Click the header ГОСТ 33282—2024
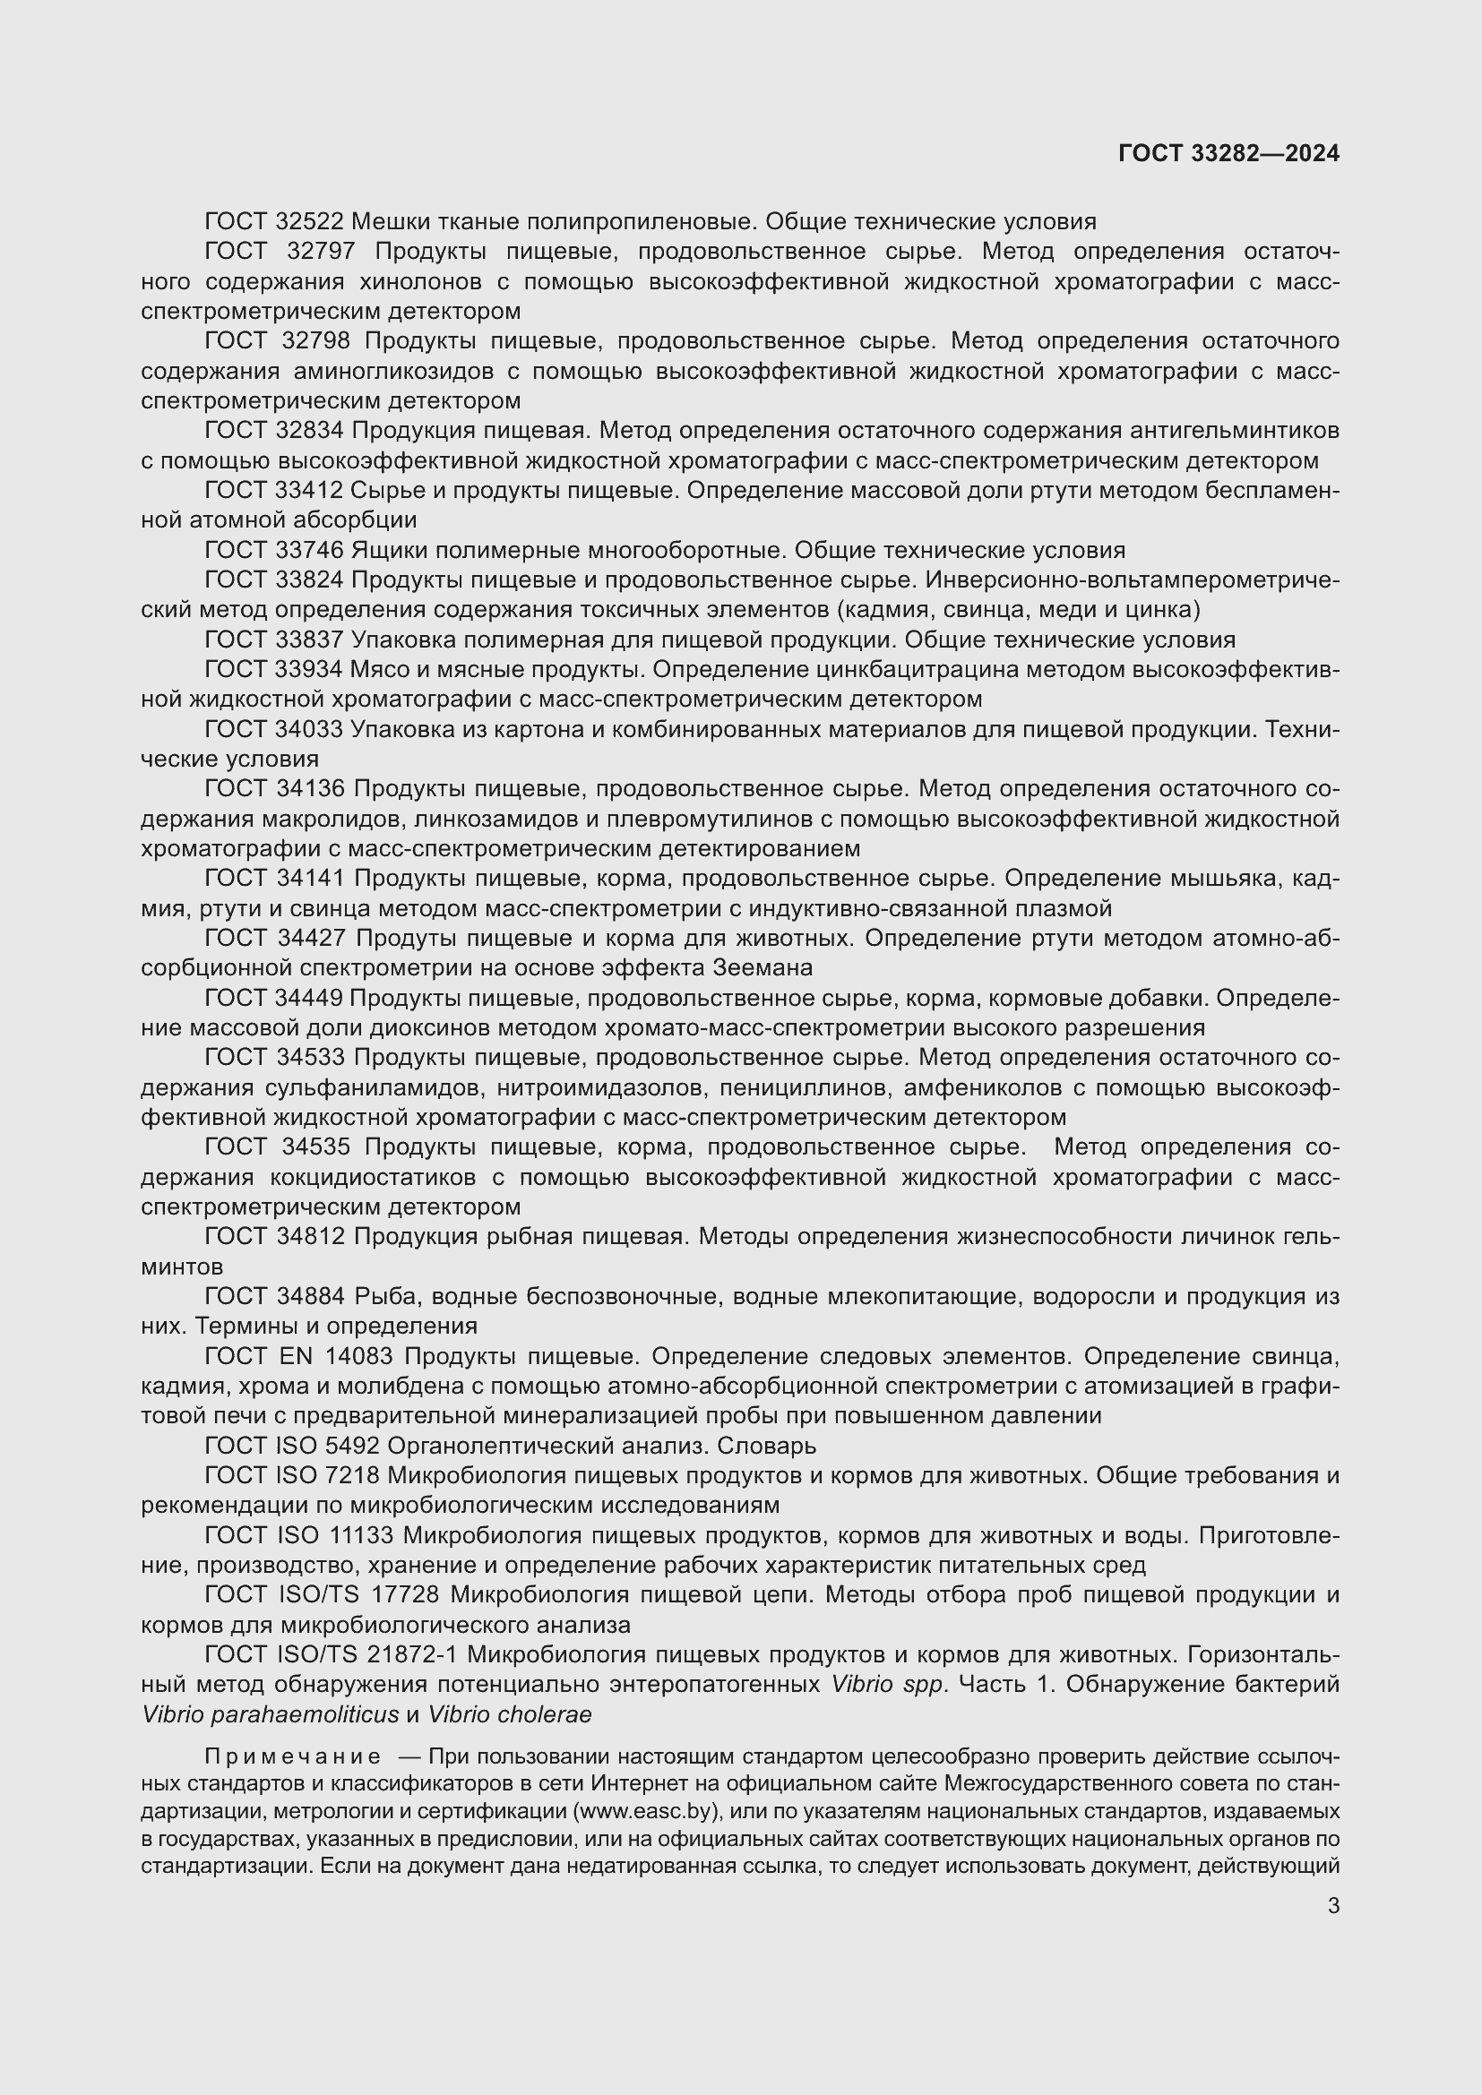[1228, 153]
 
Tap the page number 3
[1333, 1905]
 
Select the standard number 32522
[309, 222]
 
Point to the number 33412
[309, 491]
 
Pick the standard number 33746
[309, 550]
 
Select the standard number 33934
[309, 670]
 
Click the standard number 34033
[309, 730]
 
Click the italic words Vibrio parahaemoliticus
[270, 1714]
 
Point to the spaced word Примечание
[293, 1756]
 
